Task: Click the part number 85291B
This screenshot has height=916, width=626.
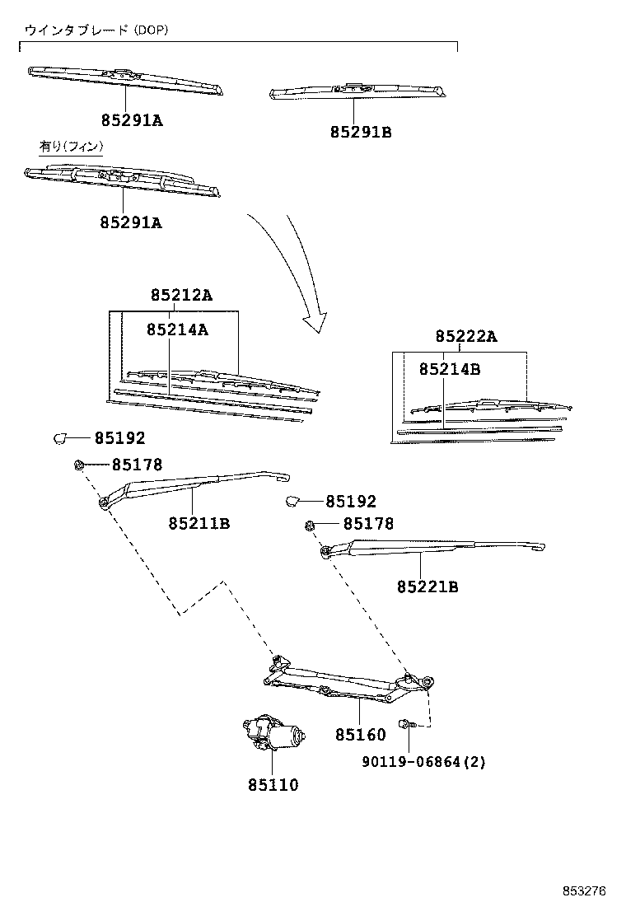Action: pos(361,131)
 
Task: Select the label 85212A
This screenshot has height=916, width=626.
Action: pos(181,296)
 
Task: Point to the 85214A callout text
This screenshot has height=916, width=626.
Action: pos(177,329)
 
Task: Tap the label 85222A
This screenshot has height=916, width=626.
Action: pos(467,336)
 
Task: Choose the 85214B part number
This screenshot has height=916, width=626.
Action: pos(449,369)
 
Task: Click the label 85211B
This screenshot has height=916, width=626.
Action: pos(199,523)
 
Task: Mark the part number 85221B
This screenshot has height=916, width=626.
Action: pos(427,587)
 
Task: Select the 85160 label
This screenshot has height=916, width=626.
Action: pos(361,734)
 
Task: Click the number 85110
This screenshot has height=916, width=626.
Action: pos(273,785)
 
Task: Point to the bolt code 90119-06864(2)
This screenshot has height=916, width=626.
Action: pos(423,762)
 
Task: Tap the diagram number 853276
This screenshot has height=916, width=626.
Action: pos(585,891)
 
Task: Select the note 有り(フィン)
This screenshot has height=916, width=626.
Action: pos(71,147)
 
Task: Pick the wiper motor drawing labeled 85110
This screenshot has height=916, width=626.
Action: pos(274,732)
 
